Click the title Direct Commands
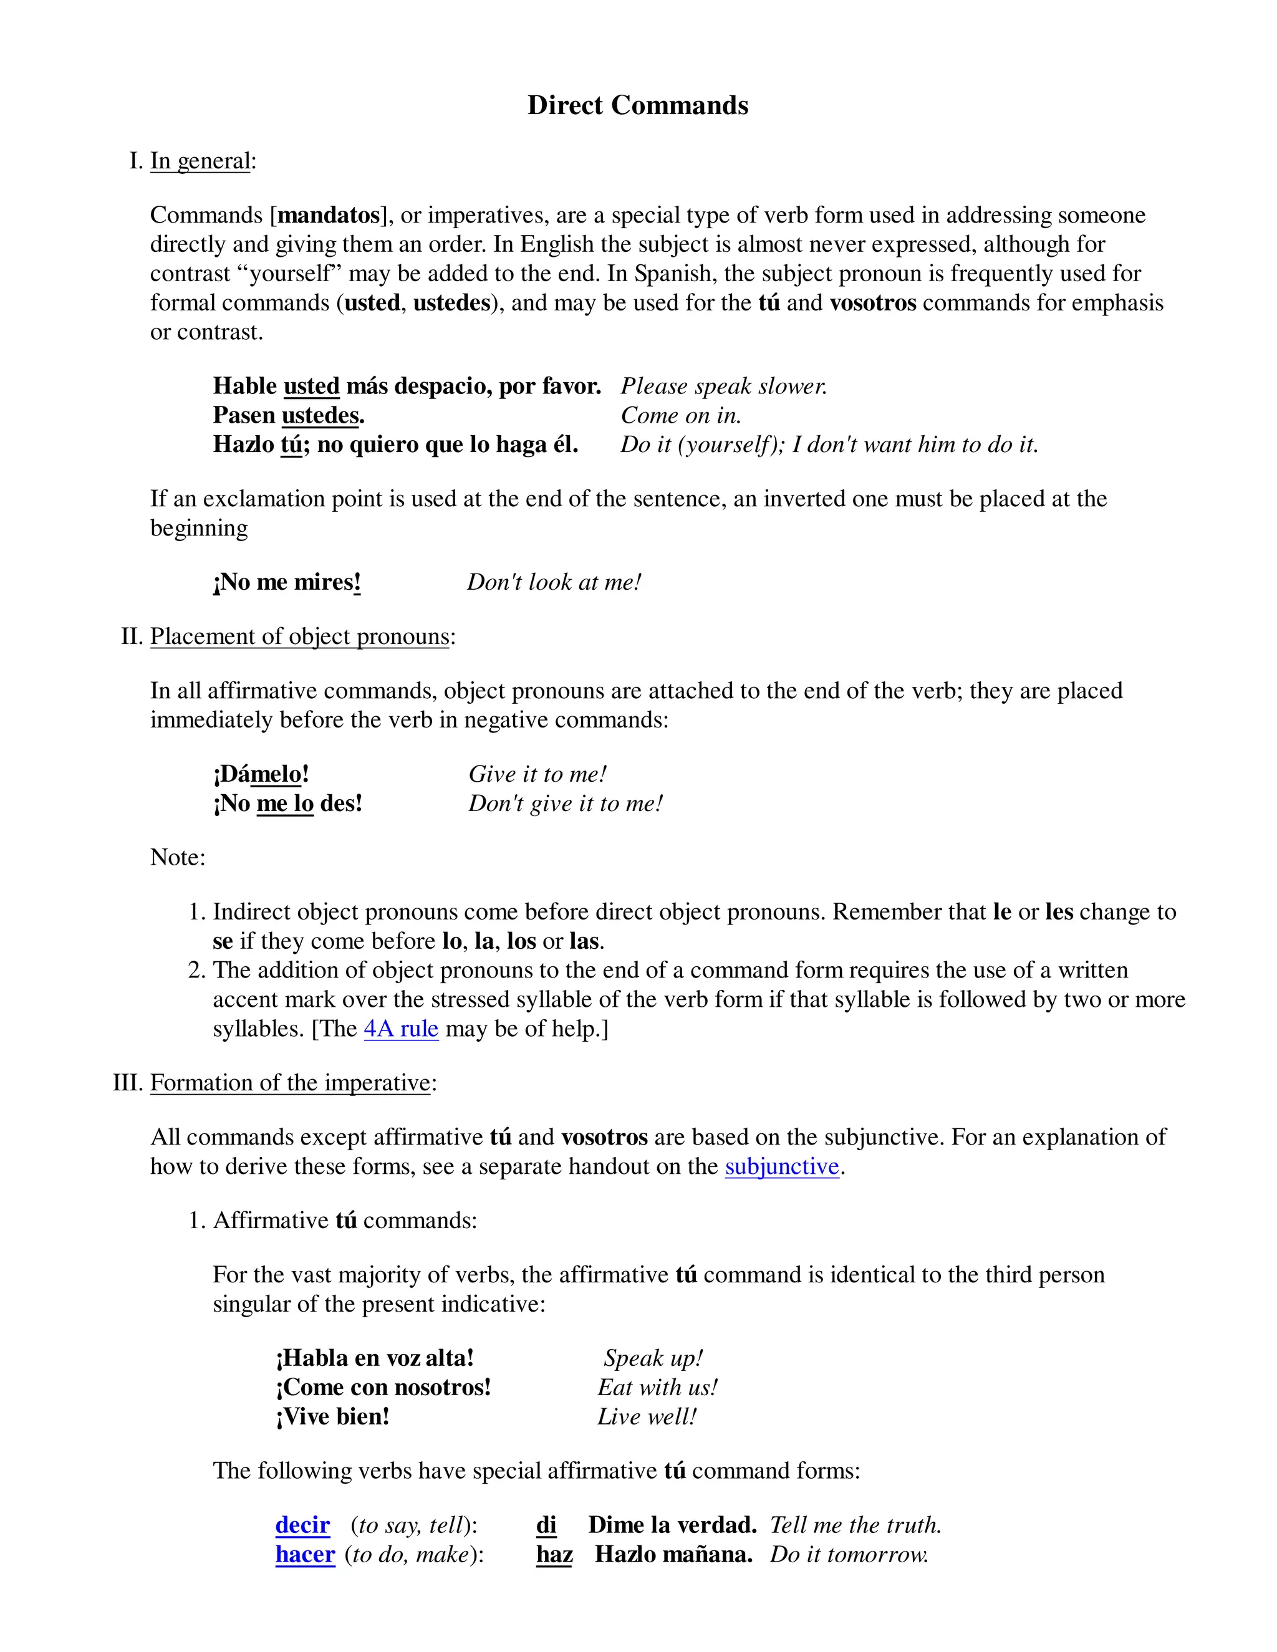click(638, 105)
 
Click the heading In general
click(200, 161)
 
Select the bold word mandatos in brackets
click(329, 216)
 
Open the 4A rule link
click(401, 1029)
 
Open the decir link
click(302, 1525)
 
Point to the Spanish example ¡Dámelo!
click(261, 774)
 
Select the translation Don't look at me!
click(554, 582)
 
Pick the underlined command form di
click(546, 1525)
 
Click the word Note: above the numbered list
click(178, 857)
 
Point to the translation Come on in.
click(681, 415)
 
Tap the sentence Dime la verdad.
click(672, 1525)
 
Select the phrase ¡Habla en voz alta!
click(375, 1358)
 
